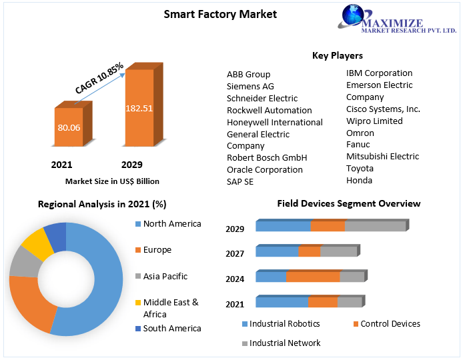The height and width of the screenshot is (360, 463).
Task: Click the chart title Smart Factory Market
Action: pyautogui.click(x=220, y=14)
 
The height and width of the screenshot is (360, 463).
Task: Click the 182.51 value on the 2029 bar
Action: pyautogui.click(x=139, y=108)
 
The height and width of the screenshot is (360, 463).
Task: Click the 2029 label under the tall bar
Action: pyautogui.click(x=131, y=165)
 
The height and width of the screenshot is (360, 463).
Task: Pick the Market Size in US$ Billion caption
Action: pyautogui.click(x=112, y=181)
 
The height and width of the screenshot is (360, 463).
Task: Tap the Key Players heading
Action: pyautogui.click(x=337, y=55)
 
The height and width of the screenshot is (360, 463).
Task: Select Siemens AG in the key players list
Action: pyautogui.click(x=250, y=86)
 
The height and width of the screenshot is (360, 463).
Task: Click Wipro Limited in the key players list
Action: pyautogui.click(x=374, y=121)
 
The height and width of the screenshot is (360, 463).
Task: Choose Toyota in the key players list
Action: pyautogui.click(x=360, y=168)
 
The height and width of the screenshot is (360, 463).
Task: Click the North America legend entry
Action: pyautogui.click(x=171, y=223)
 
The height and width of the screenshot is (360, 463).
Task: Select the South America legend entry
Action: pyautogui.click(x=171, y=328)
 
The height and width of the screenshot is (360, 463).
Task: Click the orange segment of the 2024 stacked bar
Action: pyautogui.click(x=313, y=277)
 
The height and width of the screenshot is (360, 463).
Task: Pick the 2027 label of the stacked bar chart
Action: pyautogui.click(x=235, y=253)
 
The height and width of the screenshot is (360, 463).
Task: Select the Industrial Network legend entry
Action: pyautogui.click(x=285, y=343)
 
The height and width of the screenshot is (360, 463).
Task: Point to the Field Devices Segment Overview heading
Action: pyautogui.click(x=349, y=203)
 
